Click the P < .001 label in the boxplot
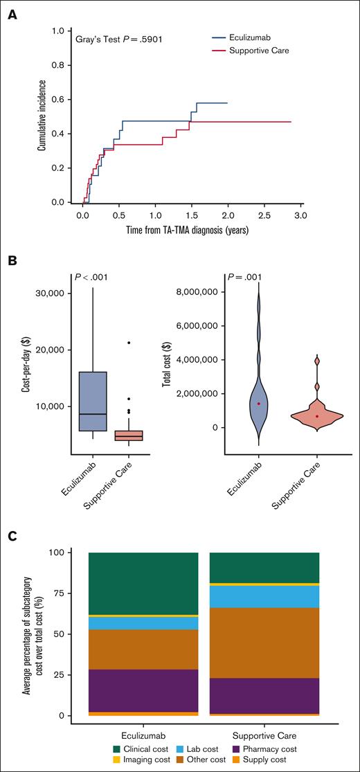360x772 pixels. click(x=91, y=278)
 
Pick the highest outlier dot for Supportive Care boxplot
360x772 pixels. click(x=129, y=343)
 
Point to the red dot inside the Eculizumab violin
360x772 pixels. click(x=258, y=404)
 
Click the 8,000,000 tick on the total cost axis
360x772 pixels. click(x=209, y=292)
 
